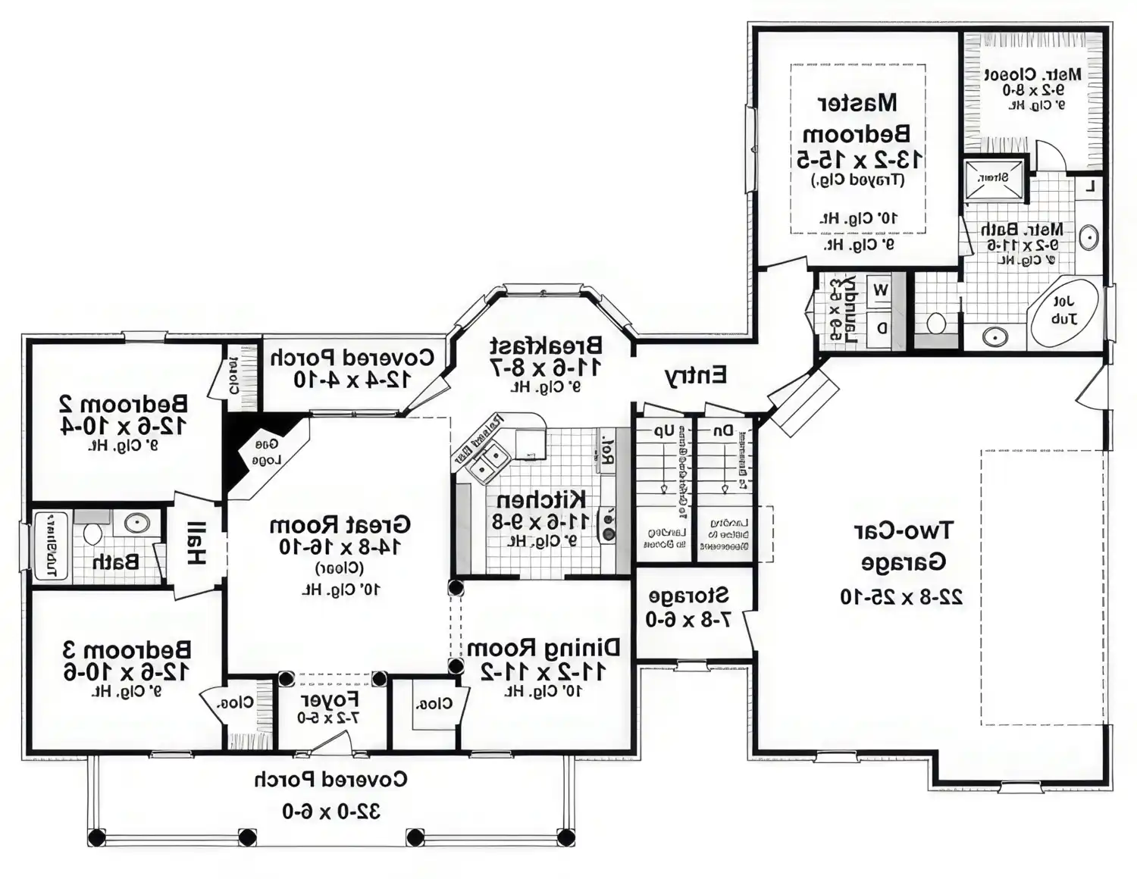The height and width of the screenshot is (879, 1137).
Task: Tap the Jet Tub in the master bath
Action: point(1063,311)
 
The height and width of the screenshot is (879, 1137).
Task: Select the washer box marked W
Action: point(881,289)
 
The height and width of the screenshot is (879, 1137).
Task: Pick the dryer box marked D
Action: point(882,329)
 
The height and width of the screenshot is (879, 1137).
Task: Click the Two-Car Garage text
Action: point(902,546)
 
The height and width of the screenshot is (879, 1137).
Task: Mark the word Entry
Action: point(695,375)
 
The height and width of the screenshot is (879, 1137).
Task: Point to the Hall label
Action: point(196,543)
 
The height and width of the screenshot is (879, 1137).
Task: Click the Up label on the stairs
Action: point(664,430)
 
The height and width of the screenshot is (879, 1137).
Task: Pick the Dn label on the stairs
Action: point(724,430)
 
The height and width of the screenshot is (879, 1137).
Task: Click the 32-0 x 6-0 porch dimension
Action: point(331,812)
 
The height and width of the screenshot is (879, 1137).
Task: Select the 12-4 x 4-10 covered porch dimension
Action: point(352,379)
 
